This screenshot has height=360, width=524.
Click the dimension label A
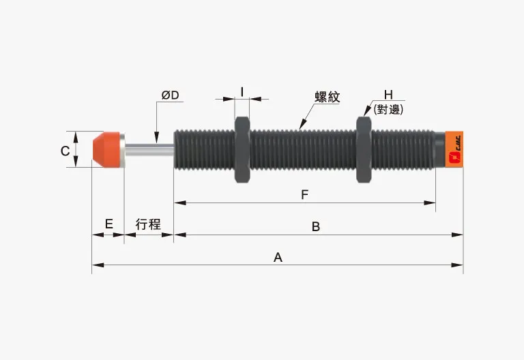(278, 257)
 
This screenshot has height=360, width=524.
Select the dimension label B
(316, 226)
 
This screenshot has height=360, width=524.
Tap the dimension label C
(65, 151)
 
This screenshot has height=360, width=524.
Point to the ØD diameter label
(170, 95)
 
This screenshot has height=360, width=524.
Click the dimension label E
(108, 224)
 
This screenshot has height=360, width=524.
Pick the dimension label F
(305, 195)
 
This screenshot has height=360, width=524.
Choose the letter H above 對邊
(388, 95)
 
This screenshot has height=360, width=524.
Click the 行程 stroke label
(148, 224)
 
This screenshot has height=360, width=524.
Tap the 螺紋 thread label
(327, 97)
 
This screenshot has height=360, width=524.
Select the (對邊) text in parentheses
(389, 108)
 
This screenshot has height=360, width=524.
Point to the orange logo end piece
(454, 150)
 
